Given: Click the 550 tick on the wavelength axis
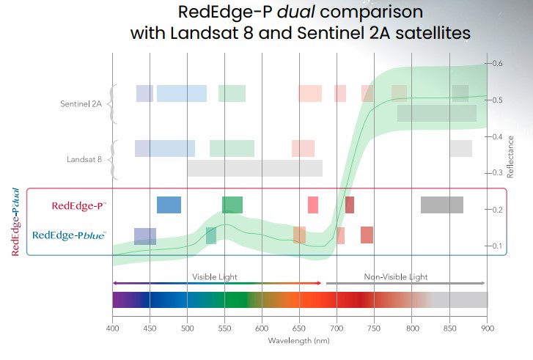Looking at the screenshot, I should pyautogui.click(x=224, y=329).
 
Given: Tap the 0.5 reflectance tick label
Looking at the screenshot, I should pyautogui.click(x=497, y=100).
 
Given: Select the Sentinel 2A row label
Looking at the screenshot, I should pyautogui.click(x=82, y=104).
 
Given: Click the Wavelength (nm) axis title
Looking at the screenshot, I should pyautogui.click(x=299, y=341).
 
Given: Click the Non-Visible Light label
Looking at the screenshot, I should pyautogui.click(x=396, y=277).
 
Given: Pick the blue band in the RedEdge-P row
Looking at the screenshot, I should pyautogui.click(x=169, y=205).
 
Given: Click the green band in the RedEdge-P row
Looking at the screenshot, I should pyautogui.click(x=232, y=205).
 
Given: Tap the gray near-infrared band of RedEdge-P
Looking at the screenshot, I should pyautogui.click(x=441, y=205).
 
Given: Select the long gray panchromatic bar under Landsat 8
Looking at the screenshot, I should pyautogui.click(x=254, y=168).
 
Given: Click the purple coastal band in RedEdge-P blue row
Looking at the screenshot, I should pyautogui.click(x=144, y=236).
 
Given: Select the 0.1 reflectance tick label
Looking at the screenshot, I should pyautogui.click(x=497, y=246).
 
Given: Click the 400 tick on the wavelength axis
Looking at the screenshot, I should pyautogui.click(x=112, y=329).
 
